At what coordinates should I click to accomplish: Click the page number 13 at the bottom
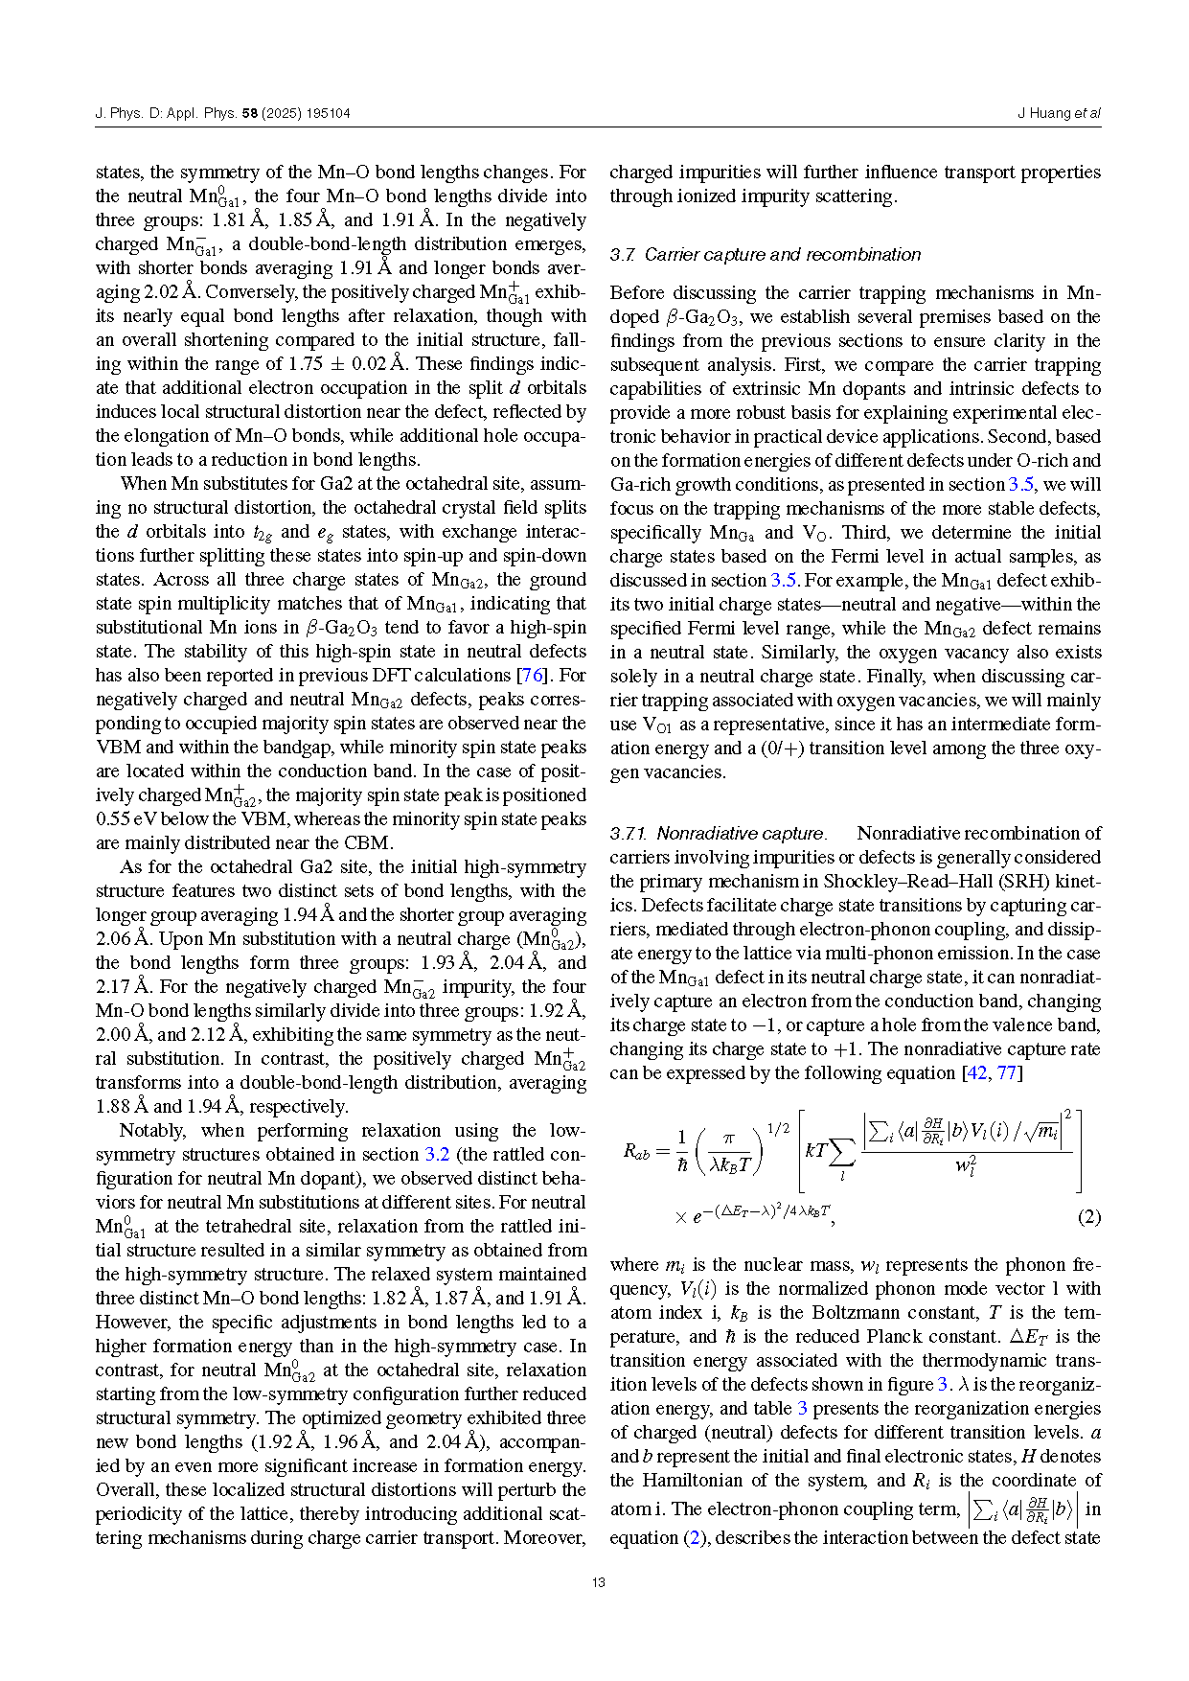(599, 1582)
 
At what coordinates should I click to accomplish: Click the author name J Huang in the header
(1043, 113)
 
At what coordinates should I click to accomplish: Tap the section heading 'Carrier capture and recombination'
(782, 255)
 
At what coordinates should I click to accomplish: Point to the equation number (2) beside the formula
(1088, 1217)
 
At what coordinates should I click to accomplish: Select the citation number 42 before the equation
(976, 1073)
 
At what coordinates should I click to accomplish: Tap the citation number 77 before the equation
(1006, 1073)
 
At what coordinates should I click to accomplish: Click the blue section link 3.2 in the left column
(437, 1155)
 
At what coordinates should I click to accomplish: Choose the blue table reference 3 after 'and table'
(803, 1409)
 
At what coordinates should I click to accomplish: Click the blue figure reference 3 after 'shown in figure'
(942, 1385)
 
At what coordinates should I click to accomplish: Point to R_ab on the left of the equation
(636, 1152)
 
